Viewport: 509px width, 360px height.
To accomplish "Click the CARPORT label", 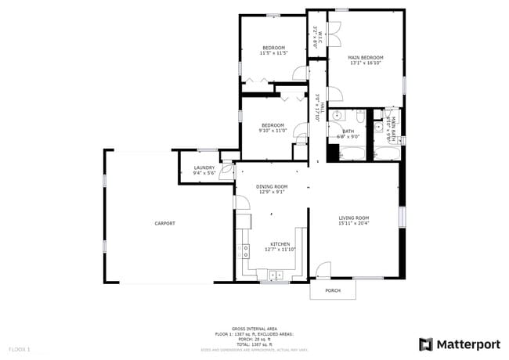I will (x=164, y=224).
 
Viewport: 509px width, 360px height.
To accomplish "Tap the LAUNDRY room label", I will (x=204, y=167).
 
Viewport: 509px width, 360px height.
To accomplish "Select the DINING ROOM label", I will (x=272, y=186).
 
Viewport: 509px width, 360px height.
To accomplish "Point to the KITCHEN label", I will (x=280, y=244).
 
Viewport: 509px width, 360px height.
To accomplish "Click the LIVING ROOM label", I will (x=353, y=218).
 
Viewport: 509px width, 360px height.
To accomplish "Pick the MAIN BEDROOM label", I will (x=366, y=57).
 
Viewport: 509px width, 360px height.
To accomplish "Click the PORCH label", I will (x=333, y=290).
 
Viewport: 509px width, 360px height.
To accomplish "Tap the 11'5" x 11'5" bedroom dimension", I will (x=273, y=53).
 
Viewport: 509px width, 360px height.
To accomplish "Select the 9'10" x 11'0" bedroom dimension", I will (x=273, y=131).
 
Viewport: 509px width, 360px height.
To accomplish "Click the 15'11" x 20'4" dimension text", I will (x=353, y=223).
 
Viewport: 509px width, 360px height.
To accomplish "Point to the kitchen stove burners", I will (x=244, y=251).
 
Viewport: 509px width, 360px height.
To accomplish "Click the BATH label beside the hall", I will (x=348, y=131).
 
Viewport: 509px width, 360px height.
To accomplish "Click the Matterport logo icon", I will (x=425, y=344).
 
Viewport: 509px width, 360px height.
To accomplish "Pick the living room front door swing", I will (x=323, y=270).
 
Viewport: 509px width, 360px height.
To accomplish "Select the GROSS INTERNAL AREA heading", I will (x=254, y=329).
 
